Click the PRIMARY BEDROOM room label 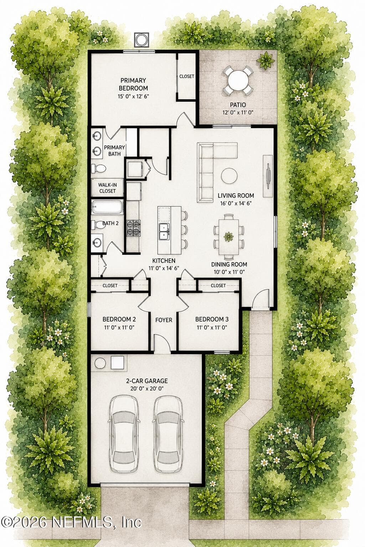point(133,84)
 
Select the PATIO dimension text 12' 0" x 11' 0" point(238,113)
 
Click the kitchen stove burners point(133,228)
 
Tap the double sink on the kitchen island point(164,231)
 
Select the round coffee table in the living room point(229,176)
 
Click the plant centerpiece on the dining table point(228,236)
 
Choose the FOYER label point(164,320)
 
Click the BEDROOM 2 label point(119,319)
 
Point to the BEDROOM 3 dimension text point(212,327)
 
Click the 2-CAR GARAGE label point(147,381)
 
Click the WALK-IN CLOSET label point(108,188)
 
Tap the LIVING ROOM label point(236,196)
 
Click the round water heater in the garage point(100,363)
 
